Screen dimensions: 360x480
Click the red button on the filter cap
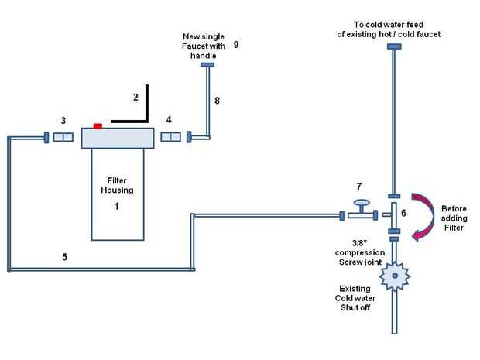pos(98,125)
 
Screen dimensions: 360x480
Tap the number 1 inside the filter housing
pos(116,207)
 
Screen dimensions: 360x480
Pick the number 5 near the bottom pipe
pos(65,256)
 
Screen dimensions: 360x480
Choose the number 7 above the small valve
pos(358,187)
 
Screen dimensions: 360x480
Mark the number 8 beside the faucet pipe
pos(218,101)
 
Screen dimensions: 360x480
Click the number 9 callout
pos(235,45)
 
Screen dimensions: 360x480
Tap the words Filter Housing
pos(116,185)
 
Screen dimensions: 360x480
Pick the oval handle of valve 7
pos(359,203)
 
